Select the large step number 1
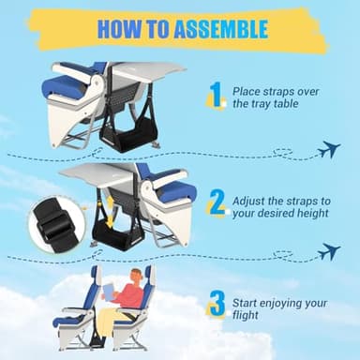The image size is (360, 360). tap(216, 96)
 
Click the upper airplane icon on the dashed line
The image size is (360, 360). tap(327, 149)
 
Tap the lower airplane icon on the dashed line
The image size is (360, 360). tap(327, 251)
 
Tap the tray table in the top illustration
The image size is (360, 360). tap(150, 69)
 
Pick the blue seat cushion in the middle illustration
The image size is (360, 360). tap(176, 193)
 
